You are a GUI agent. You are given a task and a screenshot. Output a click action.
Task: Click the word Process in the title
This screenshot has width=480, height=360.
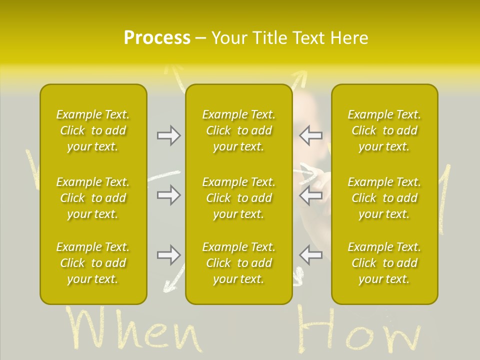coord(157,38)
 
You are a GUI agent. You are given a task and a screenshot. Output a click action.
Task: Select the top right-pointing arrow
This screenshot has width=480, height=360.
coord(168,135)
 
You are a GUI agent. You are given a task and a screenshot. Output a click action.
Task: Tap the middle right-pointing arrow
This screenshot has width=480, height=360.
coord(168,195)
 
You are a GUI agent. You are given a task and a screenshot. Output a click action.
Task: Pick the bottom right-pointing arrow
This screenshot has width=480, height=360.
coord(168,255)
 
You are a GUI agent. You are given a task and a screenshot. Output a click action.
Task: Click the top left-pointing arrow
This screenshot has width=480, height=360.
coord(311,135)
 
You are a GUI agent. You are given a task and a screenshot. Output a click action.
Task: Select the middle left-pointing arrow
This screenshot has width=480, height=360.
coord(311,195)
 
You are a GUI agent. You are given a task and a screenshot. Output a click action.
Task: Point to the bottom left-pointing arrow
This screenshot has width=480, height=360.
coord(311,255)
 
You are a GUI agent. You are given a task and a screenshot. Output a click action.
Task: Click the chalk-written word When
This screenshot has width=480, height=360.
coord(132,330)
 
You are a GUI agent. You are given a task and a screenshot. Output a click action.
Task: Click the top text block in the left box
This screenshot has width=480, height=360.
coord(93,130)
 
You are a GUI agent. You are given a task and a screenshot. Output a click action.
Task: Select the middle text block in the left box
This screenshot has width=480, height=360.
coord(93,198)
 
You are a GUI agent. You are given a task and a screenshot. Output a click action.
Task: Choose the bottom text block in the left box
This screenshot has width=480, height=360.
coord(93,263)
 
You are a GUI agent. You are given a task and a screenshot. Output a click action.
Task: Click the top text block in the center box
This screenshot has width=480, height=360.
coord(239,130)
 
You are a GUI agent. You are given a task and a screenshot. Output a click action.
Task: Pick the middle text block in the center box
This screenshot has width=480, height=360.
coord(239,198)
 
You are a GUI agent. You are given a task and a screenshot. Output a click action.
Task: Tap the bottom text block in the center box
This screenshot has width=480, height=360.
coord(239,263)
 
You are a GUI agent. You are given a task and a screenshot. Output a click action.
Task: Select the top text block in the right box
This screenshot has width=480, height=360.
coord(384,130)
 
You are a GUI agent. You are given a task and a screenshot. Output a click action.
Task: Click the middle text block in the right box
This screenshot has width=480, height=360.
coord(384,198)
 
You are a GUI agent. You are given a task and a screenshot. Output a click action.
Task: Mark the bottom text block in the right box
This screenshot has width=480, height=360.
coord(384,263)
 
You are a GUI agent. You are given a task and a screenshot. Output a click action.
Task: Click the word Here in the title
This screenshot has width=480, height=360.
coord(348,38)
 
